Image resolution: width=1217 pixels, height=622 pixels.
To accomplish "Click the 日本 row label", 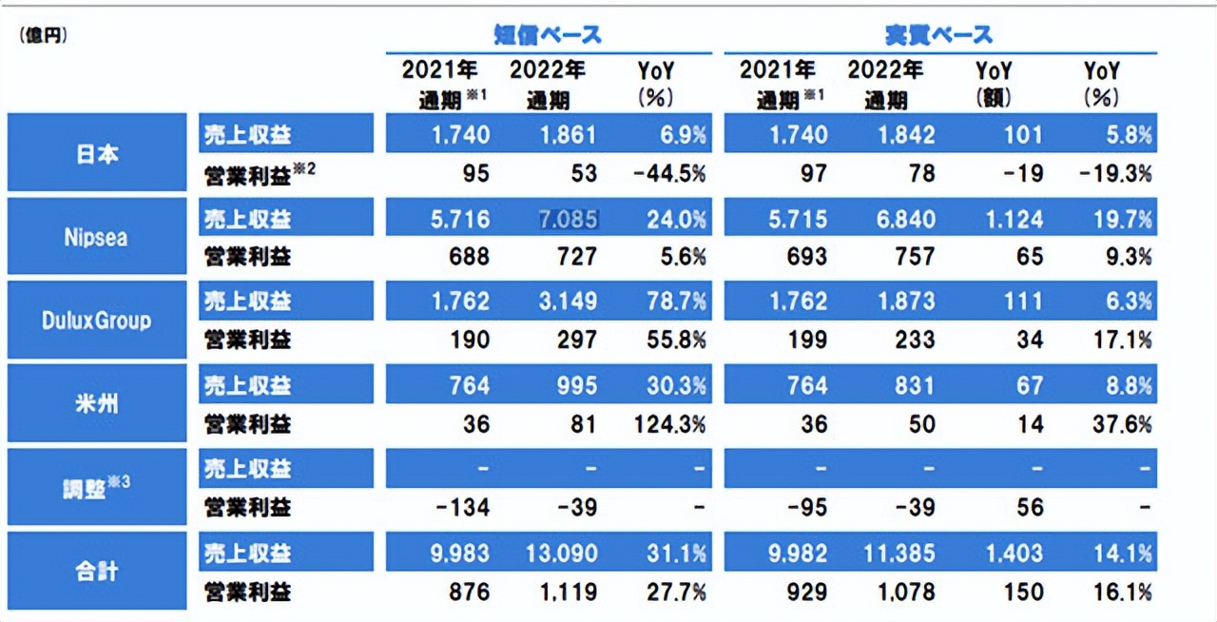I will [x=97, y=153].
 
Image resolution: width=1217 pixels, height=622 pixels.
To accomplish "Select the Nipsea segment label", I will [x=97, y=237].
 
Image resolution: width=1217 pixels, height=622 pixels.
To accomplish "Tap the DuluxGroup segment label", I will [x=97, y=321].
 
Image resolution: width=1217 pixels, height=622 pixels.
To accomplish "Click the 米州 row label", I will [x=97, y=404].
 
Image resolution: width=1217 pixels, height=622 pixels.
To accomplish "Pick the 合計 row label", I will [x=97, y=572].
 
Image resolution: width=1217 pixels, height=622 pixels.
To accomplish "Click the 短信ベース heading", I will [x=548, y=35].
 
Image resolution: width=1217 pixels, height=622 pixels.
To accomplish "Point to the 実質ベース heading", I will [x=938, y=35].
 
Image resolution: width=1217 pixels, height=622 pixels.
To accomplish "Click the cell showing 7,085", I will [x=569, y=219].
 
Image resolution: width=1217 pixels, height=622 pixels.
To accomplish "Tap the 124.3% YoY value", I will [x=670, y=424].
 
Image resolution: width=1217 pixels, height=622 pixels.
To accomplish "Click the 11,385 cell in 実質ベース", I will [x=898, y=554].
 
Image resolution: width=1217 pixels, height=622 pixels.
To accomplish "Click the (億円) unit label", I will [x=43, y=36].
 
